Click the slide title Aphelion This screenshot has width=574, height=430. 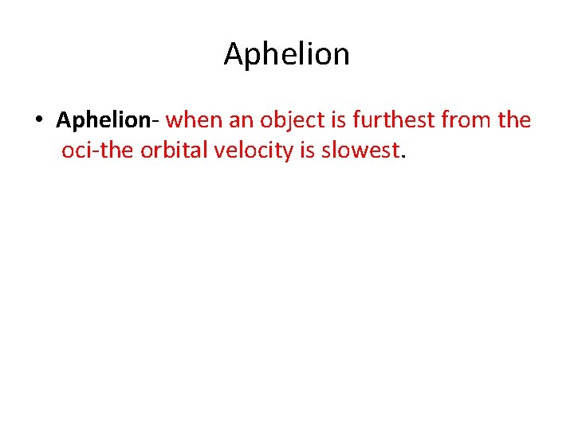pyautogui.click(x=286, y=54)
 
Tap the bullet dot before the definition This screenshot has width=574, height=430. pyautogui.click(x=38, y=121)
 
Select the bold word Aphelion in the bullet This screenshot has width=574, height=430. pyautogui.click(x=103, y=120)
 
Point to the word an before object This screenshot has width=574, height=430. pyautogui.click(x=238, y=120)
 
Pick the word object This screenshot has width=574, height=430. pyautogui.click(x=288, y=120)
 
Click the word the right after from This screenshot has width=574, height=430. pyautogui.click(x=513, y=120)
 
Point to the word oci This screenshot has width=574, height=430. pyautogui.click(x=76, y=150)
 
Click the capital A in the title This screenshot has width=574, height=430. pyautogui.click(x=234, y=54)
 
